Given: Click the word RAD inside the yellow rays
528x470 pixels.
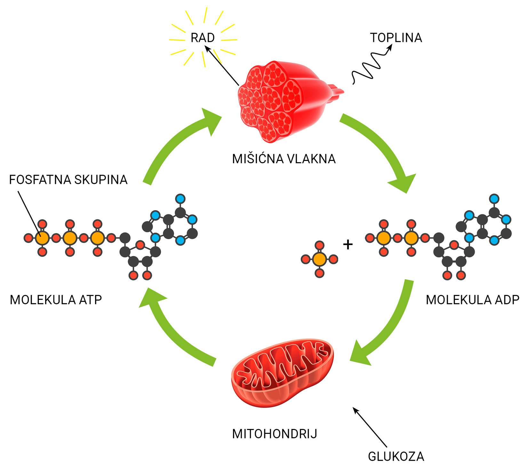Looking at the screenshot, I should click(203, 38).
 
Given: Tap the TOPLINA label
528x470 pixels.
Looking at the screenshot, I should click(396, 38).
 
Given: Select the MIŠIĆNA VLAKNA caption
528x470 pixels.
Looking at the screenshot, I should click(284, 159).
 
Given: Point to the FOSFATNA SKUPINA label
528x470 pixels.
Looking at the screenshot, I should click(68, 180).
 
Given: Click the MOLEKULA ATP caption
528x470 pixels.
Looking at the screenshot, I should click(56, 300).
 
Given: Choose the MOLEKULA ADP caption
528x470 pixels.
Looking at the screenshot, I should click(472, 300).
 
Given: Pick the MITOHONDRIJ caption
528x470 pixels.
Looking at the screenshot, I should click(275, 434).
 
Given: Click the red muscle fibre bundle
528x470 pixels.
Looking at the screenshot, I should click(282, 99).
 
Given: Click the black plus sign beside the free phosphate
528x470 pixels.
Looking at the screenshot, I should click(348, 244).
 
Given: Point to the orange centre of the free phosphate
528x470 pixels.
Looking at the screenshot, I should click(319, 259).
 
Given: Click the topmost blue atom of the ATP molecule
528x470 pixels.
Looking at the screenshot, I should click(180, 199).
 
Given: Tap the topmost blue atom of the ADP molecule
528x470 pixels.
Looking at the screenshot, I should click(494, 199).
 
